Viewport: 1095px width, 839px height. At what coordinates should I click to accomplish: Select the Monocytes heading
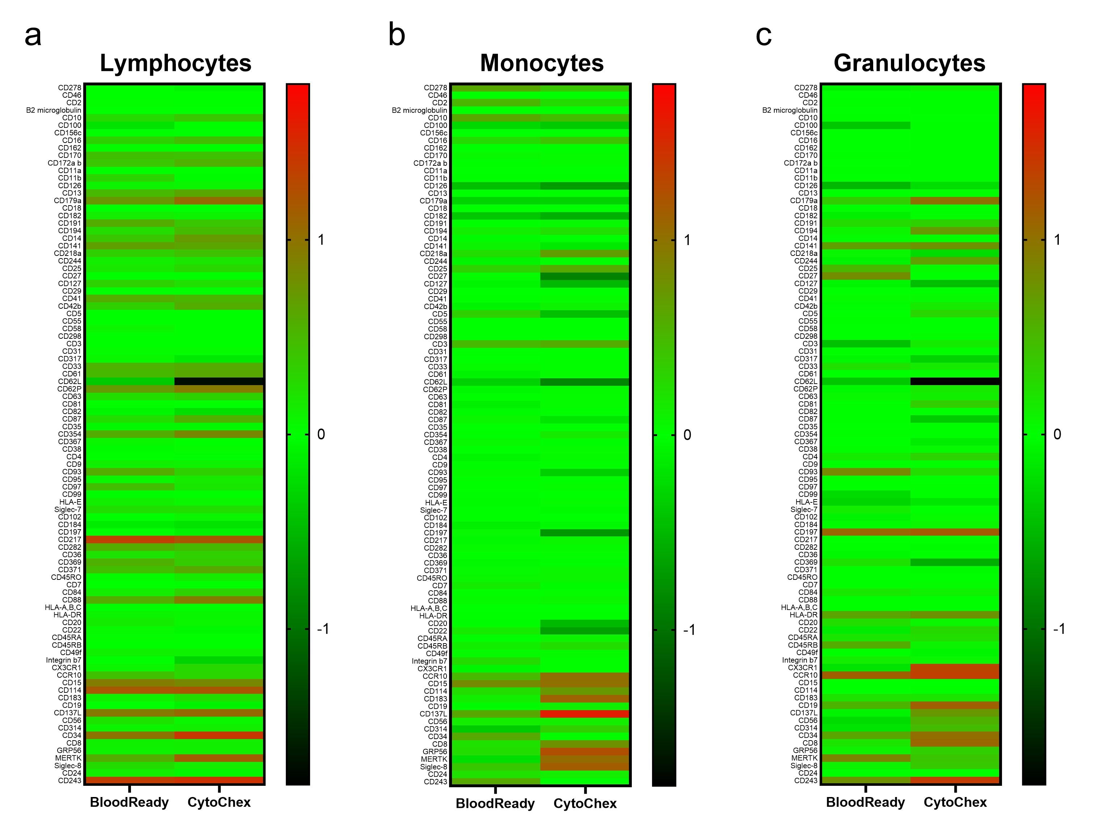542,63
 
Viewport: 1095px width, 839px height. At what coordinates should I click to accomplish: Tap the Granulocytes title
909,63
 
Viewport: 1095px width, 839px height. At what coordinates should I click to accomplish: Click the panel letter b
397,35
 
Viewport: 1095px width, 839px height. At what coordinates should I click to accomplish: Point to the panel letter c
764,35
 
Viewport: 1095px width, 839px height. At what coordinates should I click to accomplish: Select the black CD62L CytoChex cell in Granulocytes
955,381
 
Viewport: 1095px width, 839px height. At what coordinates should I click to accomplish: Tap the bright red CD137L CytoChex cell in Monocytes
585,714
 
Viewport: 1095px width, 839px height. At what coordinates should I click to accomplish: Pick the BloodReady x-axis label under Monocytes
495,804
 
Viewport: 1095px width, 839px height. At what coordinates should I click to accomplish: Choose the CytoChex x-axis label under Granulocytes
955,802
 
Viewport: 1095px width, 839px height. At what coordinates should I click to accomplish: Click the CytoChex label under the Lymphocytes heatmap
219,802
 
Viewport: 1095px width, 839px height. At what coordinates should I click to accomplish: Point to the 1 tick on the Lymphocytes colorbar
321,240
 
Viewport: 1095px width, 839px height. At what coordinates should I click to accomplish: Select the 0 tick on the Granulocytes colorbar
1057,434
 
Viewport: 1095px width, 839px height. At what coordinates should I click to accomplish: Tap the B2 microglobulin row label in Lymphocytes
54,110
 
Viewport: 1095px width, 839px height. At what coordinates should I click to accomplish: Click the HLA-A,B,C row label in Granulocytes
799,607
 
